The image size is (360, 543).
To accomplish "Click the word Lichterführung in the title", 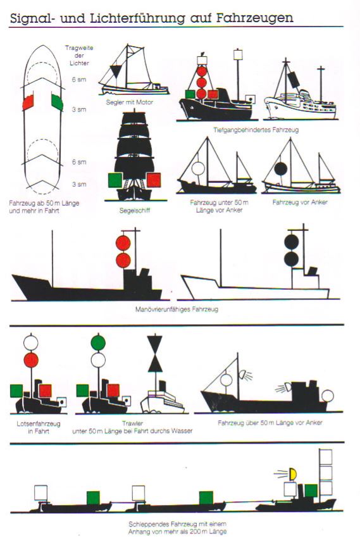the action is [137, 18].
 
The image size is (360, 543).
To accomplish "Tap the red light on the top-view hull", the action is [28, 103].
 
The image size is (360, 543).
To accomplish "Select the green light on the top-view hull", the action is [57, 102].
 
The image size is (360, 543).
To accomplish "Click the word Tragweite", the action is [79, 48].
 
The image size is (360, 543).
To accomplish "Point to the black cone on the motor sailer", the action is [116, 72].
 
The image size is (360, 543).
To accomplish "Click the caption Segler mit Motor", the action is [130, 102].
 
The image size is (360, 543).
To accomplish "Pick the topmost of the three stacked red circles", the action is [201, 72].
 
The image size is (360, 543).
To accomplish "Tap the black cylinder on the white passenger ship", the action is [294, 80].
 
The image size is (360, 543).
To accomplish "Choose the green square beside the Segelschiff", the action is [115, 180].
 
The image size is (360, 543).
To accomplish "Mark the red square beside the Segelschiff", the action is [153, 180].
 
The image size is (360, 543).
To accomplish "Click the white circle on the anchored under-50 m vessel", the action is [198, 168].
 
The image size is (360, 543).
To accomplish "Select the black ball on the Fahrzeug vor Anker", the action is [280, 168].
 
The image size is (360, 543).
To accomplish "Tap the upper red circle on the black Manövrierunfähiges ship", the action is [123, 243].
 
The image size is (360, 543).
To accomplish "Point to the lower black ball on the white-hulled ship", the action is [292, 259].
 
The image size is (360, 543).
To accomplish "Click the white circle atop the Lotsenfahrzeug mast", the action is [31, 342].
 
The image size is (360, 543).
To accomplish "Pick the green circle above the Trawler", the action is [98, 342].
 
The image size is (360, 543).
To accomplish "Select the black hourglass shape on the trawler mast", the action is [155, 354].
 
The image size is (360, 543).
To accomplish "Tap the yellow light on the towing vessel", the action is [293, 474].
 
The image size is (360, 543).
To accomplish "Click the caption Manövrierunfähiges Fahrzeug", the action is [177, 309].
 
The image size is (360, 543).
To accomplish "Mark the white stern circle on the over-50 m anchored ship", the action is [328, 396].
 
